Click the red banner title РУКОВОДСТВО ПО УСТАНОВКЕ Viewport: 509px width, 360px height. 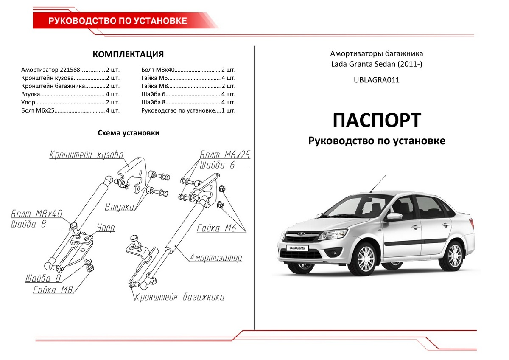point(118,21)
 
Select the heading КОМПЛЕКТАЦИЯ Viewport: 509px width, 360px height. point(128,55)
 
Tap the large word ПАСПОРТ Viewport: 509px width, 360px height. point(377,121)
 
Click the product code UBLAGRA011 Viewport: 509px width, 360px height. point(377,80)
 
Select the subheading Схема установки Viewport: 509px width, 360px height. point(129,133)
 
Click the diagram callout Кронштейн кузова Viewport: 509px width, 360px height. point(87,155)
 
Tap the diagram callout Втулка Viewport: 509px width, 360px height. point(120,207)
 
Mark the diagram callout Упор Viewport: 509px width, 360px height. point(106,228)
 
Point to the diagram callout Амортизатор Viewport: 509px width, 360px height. point(215,258)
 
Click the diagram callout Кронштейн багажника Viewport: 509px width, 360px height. point(179,297)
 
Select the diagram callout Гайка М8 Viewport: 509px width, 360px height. point(53,290)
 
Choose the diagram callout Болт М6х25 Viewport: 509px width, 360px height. point(225,155)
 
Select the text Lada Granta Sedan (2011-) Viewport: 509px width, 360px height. point(377,64)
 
